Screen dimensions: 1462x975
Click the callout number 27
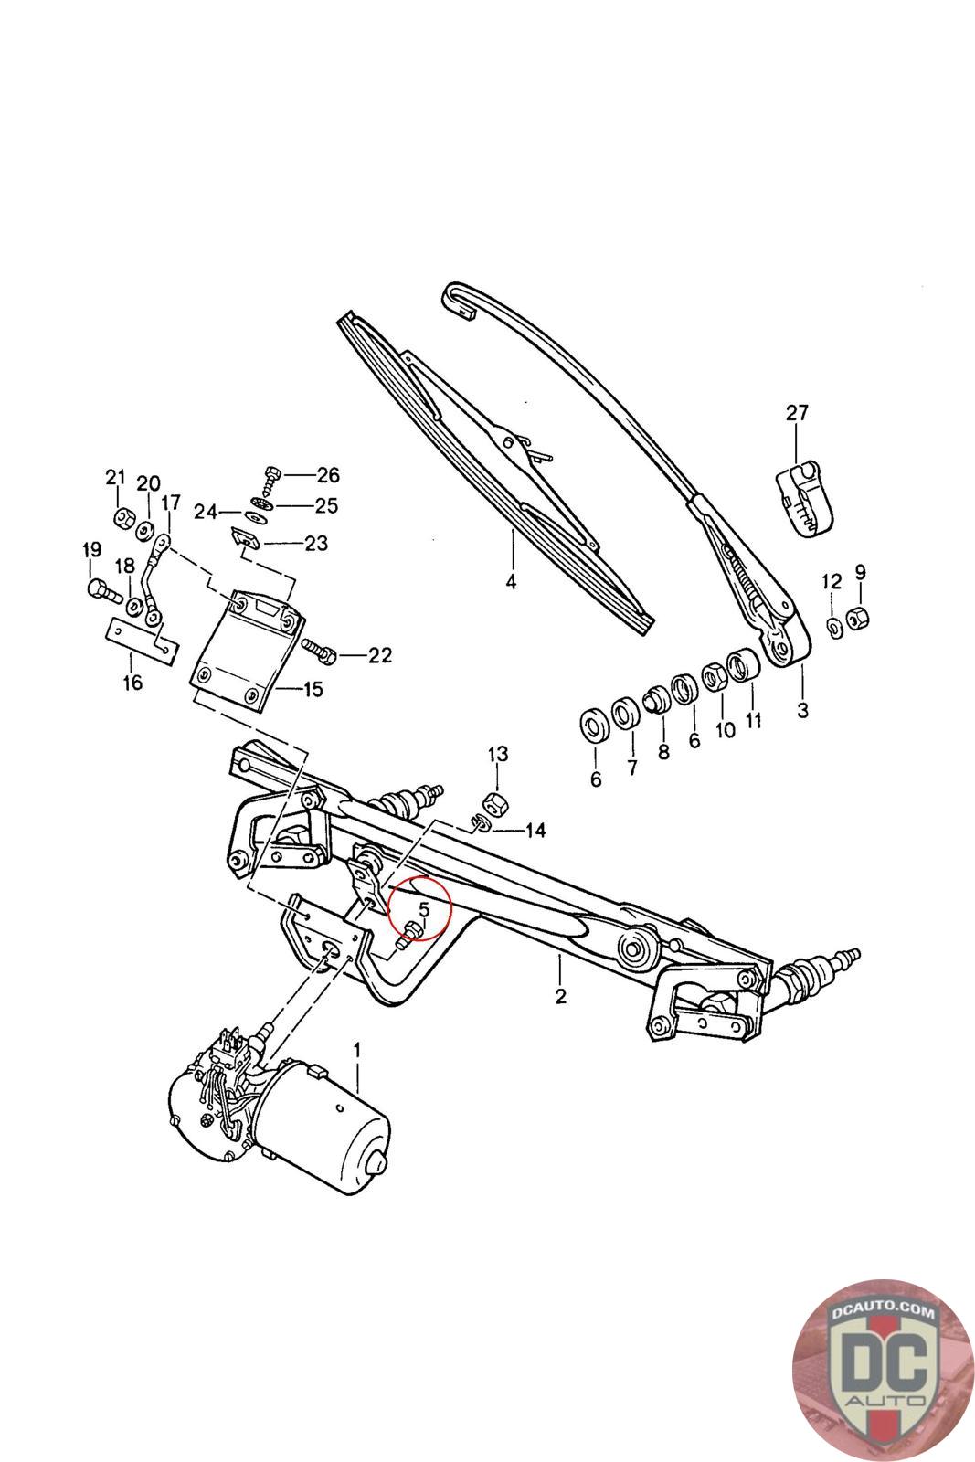[x=797, y=413]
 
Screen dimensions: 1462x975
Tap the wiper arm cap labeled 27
[x=800, y=499]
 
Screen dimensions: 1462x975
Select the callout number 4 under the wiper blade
[x=511, y=581]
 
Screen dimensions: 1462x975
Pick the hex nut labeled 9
[x=858, y=617]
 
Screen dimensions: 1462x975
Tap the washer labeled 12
[x=834, y=627]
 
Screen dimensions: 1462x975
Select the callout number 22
[x=379, y=655]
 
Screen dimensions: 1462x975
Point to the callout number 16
[x=133, y=683]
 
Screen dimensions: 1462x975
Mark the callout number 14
[x=535, y=831]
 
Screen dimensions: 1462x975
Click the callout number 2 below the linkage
[x=560, y=995]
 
